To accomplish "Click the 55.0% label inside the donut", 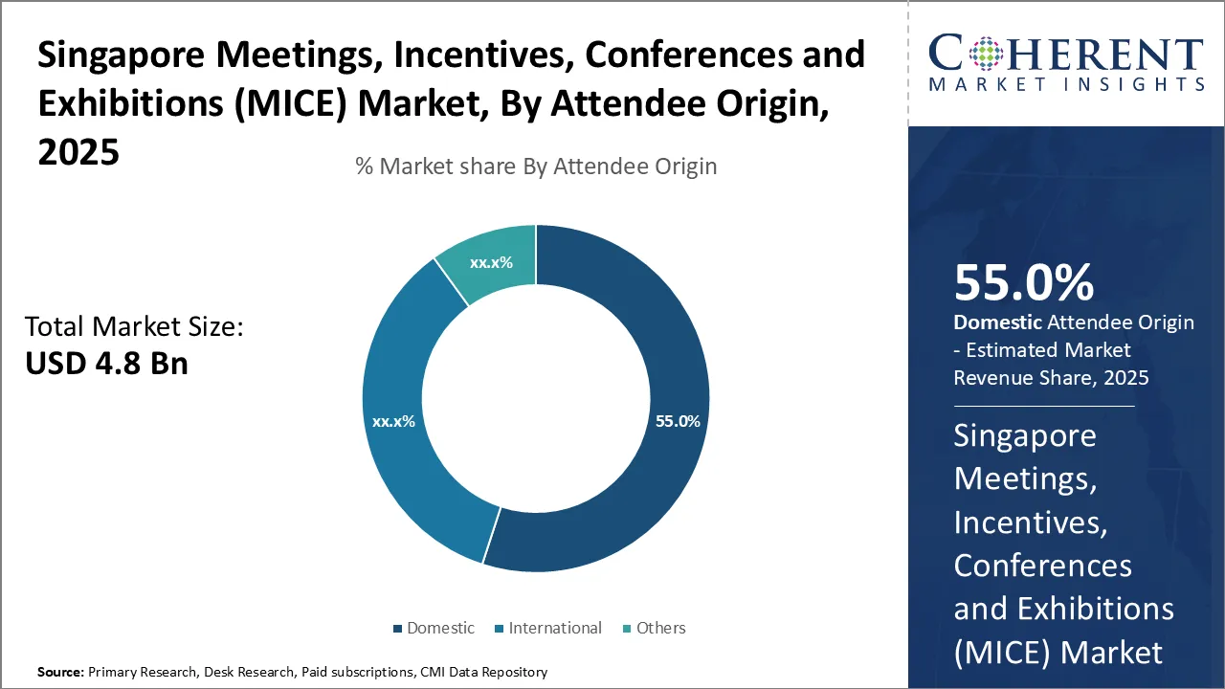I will coord(678,421).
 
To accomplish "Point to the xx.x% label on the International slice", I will coord(393,421).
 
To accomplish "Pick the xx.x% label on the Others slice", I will coord(491,262).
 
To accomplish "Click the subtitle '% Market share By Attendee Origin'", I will coord(536,167).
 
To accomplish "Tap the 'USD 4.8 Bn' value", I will coord(106,364).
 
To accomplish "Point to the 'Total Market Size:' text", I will coord(134,327).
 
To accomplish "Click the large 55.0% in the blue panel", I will coord(1023,283).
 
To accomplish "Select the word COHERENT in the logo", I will coord(1066,54).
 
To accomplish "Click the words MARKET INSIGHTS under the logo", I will coord(1066,84).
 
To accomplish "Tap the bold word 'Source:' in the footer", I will coord(60,673).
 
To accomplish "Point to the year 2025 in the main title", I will coord(78,150).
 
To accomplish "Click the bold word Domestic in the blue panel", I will coord(997,322).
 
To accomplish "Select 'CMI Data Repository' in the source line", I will coord(483,673).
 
